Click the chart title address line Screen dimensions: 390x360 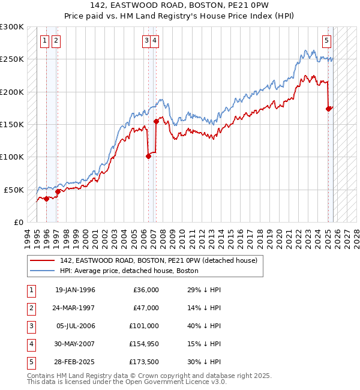[179, 5]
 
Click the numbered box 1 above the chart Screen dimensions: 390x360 [46, 41]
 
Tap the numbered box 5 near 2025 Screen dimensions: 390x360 [326, 41]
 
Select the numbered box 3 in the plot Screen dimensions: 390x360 [146, 41]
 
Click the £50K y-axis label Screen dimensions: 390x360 [14, 190]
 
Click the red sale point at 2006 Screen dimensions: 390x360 [148, 157]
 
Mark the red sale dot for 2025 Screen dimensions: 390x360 [328, 109]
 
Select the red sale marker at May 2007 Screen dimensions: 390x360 [157, 121]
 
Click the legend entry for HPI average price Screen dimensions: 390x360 [129, 271]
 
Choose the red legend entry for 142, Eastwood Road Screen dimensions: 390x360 [158, 260]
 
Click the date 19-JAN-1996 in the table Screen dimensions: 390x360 [75, 290]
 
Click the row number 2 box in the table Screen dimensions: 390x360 [31, 308]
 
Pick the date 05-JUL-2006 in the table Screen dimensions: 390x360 [75, 326]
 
